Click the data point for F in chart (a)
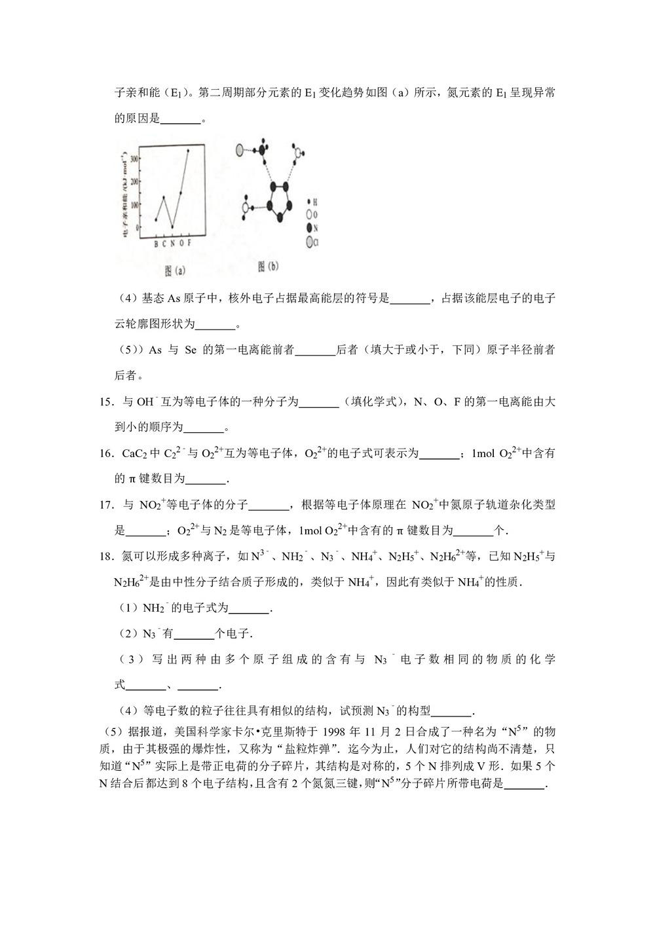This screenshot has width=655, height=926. point(188,151)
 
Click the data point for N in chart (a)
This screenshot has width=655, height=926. point(172,227)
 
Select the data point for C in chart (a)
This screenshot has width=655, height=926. point(164,197)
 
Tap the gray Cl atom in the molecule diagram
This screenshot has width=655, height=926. point(240,149)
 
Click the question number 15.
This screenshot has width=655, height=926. point(107,402)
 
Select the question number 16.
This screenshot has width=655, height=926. point(107,453)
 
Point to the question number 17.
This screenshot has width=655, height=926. point(107,505)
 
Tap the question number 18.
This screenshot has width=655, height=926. point(107,557)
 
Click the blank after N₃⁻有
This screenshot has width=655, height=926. point(195,634)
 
